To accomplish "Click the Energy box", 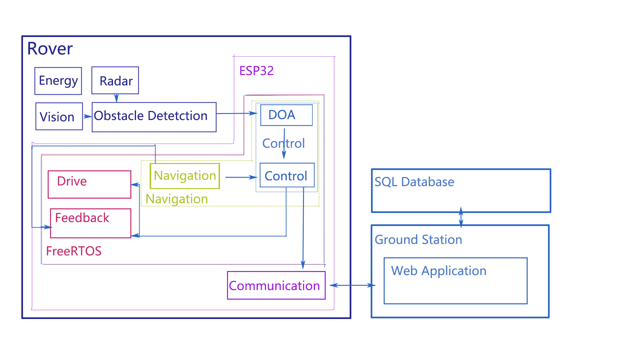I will [58, 81].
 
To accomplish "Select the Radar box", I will [115, 81].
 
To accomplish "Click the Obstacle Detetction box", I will [154, 117].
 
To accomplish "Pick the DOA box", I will [286, 115].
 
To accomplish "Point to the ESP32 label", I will [256, 71].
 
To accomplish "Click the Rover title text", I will [50, 49].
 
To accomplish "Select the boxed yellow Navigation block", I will [185, 176].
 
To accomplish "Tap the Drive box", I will [89, 184].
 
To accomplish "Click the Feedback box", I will [90, 223].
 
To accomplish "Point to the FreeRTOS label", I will [74, 251].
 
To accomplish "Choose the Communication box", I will [276, 285].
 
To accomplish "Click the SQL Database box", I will [461, 191].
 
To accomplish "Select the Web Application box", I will [455, 280].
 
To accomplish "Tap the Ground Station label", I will [418, 240].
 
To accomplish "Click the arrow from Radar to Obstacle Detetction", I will [116, 98].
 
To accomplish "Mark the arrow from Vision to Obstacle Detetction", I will [87, 116].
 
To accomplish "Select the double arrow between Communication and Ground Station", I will [352, 285].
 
